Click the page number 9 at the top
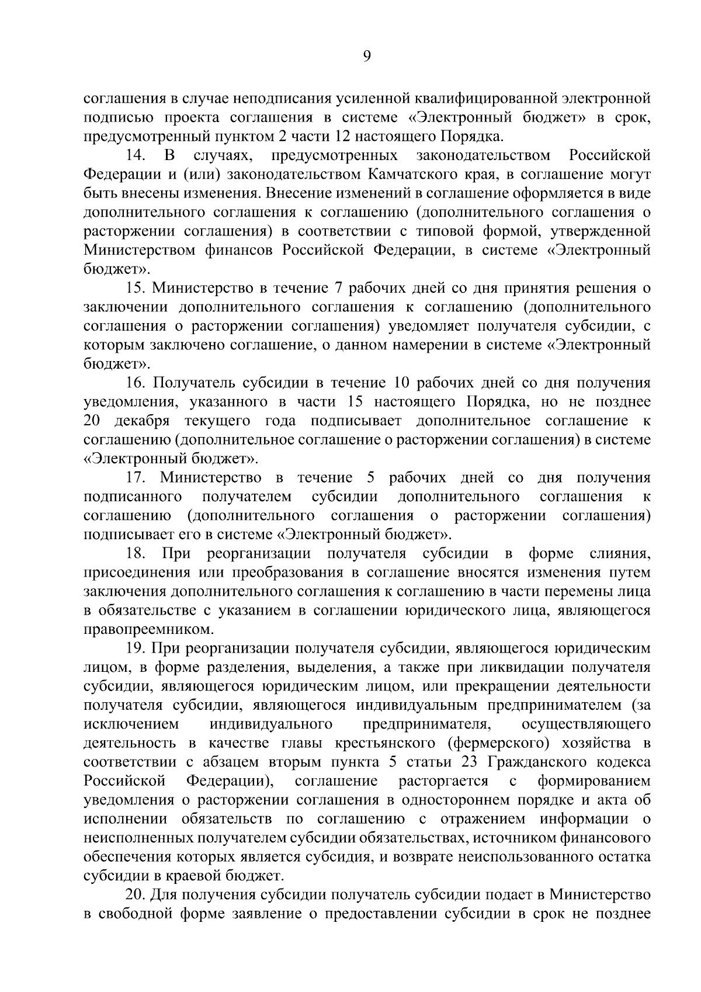pos(367,56)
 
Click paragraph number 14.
pos(135,156)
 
